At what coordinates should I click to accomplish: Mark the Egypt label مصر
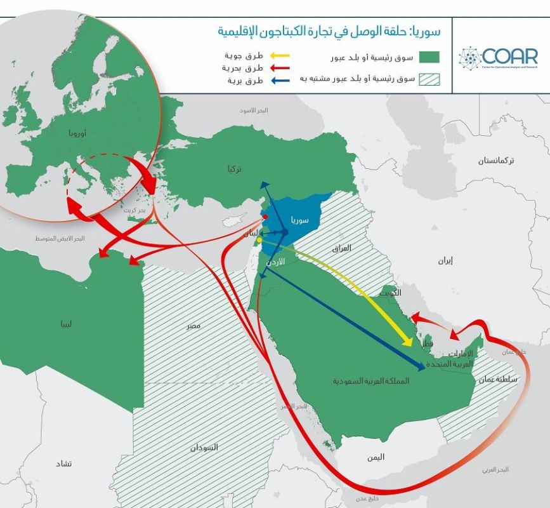point(193,325)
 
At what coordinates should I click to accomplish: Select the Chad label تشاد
point(64,464)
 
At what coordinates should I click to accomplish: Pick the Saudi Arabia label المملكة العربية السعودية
point(371,381)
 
